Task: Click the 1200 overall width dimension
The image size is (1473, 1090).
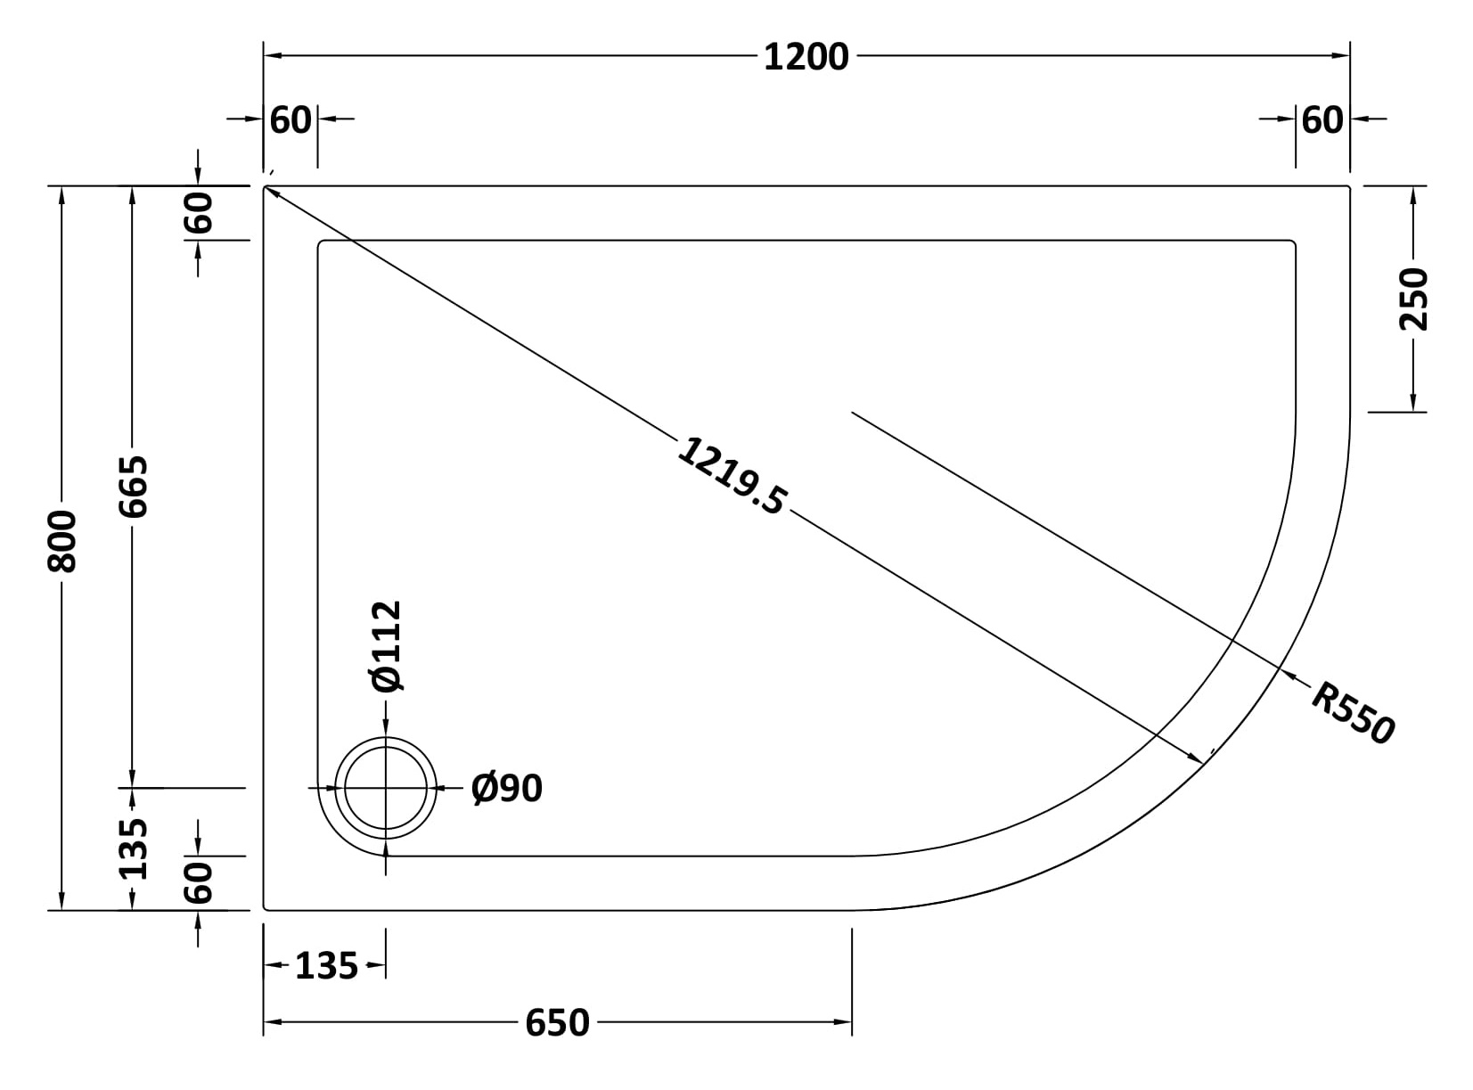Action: (806, 57)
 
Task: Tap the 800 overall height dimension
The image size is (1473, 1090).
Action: (62, 541)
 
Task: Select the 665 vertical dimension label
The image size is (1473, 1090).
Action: (133, 487)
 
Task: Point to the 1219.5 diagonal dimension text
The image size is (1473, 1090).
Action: (732, 476)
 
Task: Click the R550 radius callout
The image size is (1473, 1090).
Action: (1353, 713)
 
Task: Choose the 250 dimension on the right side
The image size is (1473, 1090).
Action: (1413, 299)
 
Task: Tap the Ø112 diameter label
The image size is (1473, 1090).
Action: (387, 646)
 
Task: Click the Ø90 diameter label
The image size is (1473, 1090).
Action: (507, 789)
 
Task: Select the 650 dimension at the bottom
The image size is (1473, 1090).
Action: (557, 1023)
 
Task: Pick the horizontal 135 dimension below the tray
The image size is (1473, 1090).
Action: (326, 966)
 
